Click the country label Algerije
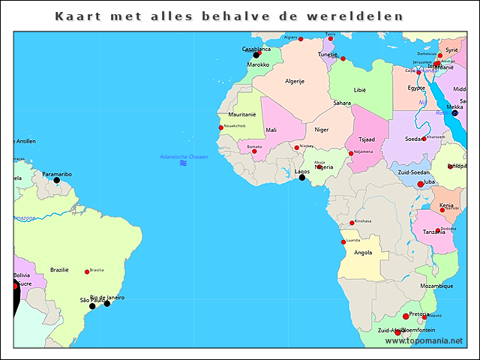[x=294, y=81]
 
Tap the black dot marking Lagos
[x=302, y=178]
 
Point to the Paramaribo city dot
[x=56, y=180]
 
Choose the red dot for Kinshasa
[x=352, y=223]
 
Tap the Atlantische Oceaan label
[x=184, y=157]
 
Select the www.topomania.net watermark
[x=424, y=340]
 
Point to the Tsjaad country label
[x=367, y=139]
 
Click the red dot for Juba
[x=420, y=183]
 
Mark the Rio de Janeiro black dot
[x=106, y=303]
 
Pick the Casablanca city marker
[x=256, y=55]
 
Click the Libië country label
[x=360, y=90]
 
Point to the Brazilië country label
[x=59, y=269]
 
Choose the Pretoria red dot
[x=406, y=316]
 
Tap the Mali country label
[x=271, y=130]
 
